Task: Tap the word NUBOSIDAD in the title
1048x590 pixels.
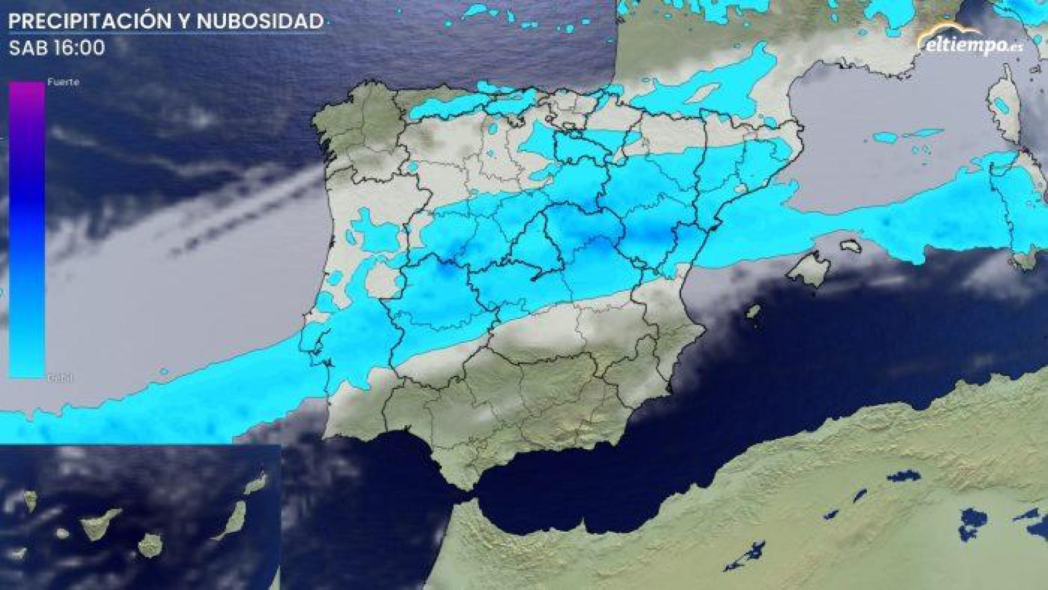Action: [x=260, y=22]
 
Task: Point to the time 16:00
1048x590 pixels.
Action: [x=79, y=48]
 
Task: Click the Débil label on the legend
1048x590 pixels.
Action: [x=60, y=378]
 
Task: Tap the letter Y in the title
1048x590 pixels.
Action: [x=184, y=22]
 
